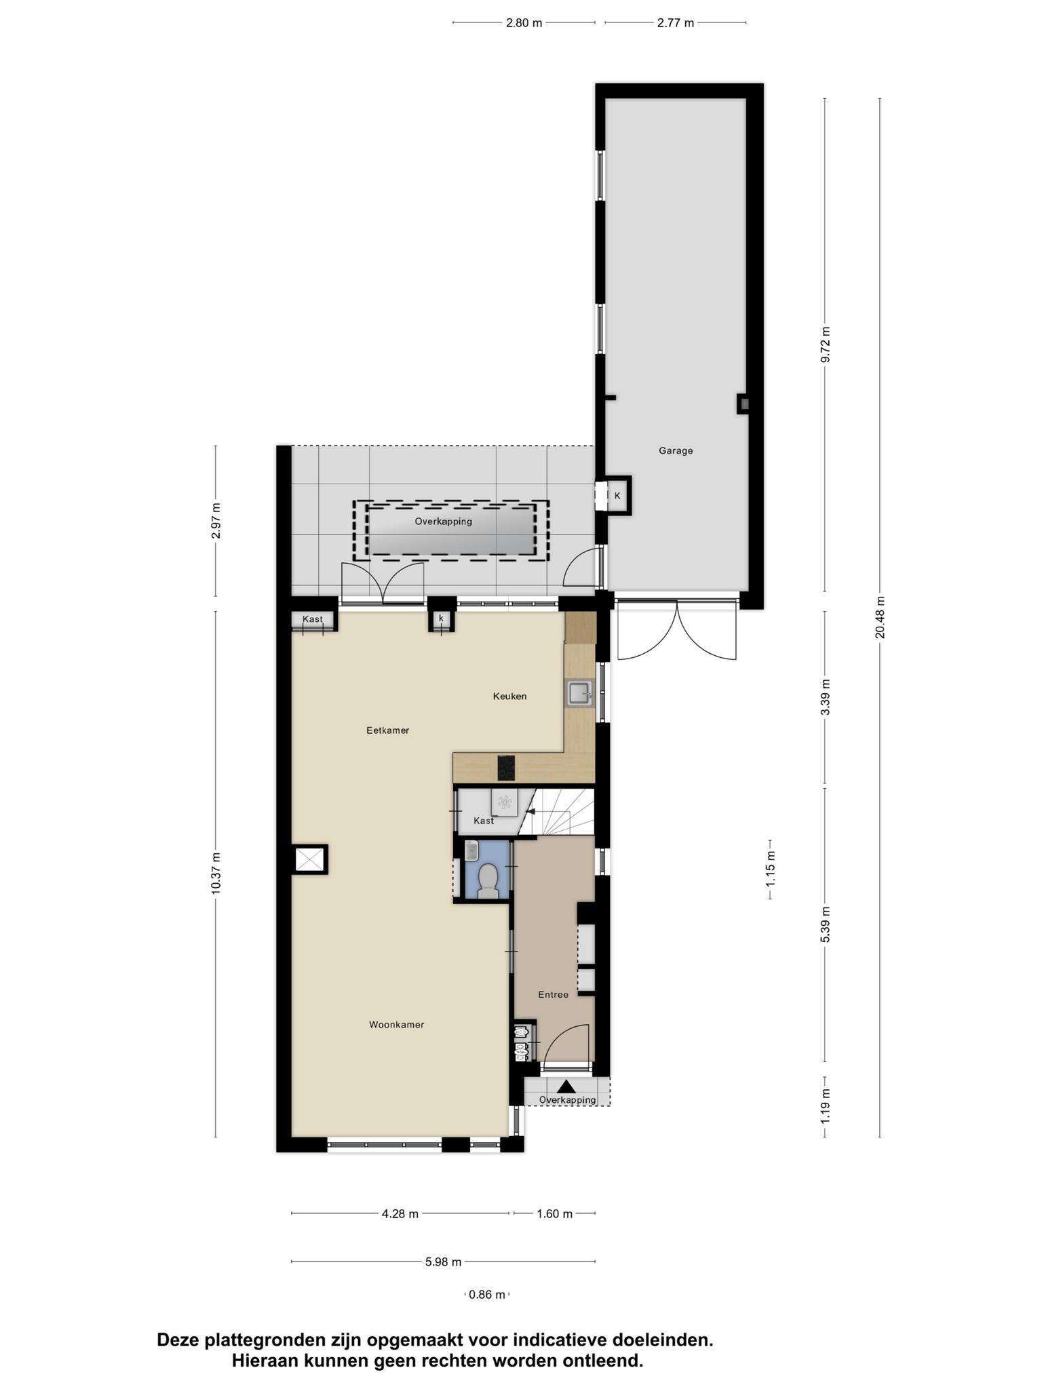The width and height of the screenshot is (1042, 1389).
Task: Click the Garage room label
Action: [676, 450]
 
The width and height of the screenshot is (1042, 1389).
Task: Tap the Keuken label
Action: [509, 696]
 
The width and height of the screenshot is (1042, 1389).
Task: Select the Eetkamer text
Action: [387, 730]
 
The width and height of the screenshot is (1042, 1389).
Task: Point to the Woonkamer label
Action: [396, 1025]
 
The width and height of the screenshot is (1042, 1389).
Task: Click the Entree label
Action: [553, 994]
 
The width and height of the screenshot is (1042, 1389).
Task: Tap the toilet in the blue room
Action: [488, 880]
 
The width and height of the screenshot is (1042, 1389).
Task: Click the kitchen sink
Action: [579, 693]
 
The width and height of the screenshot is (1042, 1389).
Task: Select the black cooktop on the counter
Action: [506, 768]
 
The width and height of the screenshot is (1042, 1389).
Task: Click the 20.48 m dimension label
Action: [880, 617]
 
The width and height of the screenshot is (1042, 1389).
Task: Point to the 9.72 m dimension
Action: [826, 345]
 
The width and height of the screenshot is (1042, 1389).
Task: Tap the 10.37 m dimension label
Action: [216, 873]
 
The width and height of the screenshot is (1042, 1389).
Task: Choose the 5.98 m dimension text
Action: [444, 1261]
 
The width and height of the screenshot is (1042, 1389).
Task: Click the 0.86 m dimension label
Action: [487, 1294]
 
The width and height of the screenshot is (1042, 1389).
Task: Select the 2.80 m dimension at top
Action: [524, 23]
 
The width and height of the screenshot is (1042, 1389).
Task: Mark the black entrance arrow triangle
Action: [566, 1086]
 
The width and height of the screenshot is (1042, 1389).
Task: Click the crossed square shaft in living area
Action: [310, 860]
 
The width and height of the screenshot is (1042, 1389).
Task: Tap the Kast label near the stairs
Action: [484, 821]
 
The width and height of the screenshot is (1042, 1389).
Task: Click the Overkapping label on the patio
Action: [444, 522]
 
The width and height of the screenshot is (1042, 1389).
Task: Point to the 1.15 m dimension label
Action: [771, 870]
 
